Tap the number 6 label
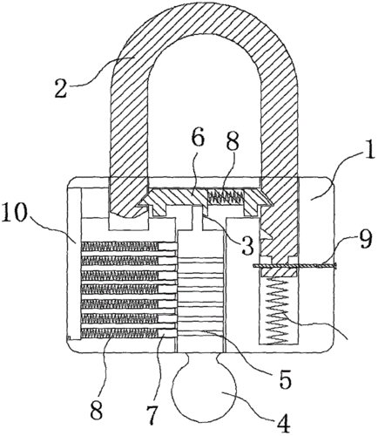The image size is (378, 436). pos(199,139)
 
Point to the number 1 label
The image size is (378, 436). pos(369,150)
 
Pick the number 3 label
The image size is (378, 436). pos(246,245)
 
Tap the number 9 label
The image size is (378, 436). pos(363,240)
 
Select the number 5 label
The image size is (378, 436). pos(285,379)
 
